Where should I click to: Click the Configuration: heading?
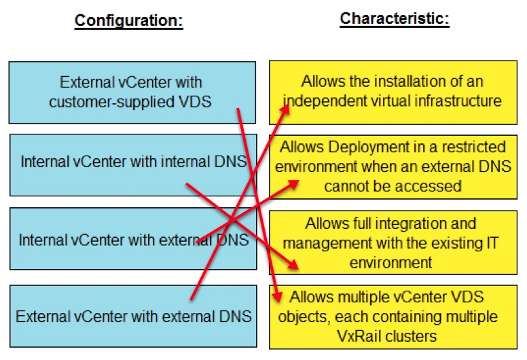coord(128,20)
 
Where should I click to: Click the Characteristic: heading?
coord(394,18)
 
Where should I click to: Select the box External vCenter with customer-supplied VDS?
coord(132,92)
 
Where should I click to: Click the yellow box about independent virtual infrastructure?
coord(393,92)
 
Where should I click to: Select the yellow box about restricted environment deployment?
coord(393,166)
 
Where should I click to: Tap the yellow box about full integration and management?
coord(393,242)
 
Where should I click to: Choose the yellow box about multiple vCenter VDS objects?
coord(393,317)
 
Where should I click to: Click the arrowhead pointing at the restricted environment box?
coord(295,183)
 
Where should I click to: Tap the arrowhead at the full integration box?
coord(293,266)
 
